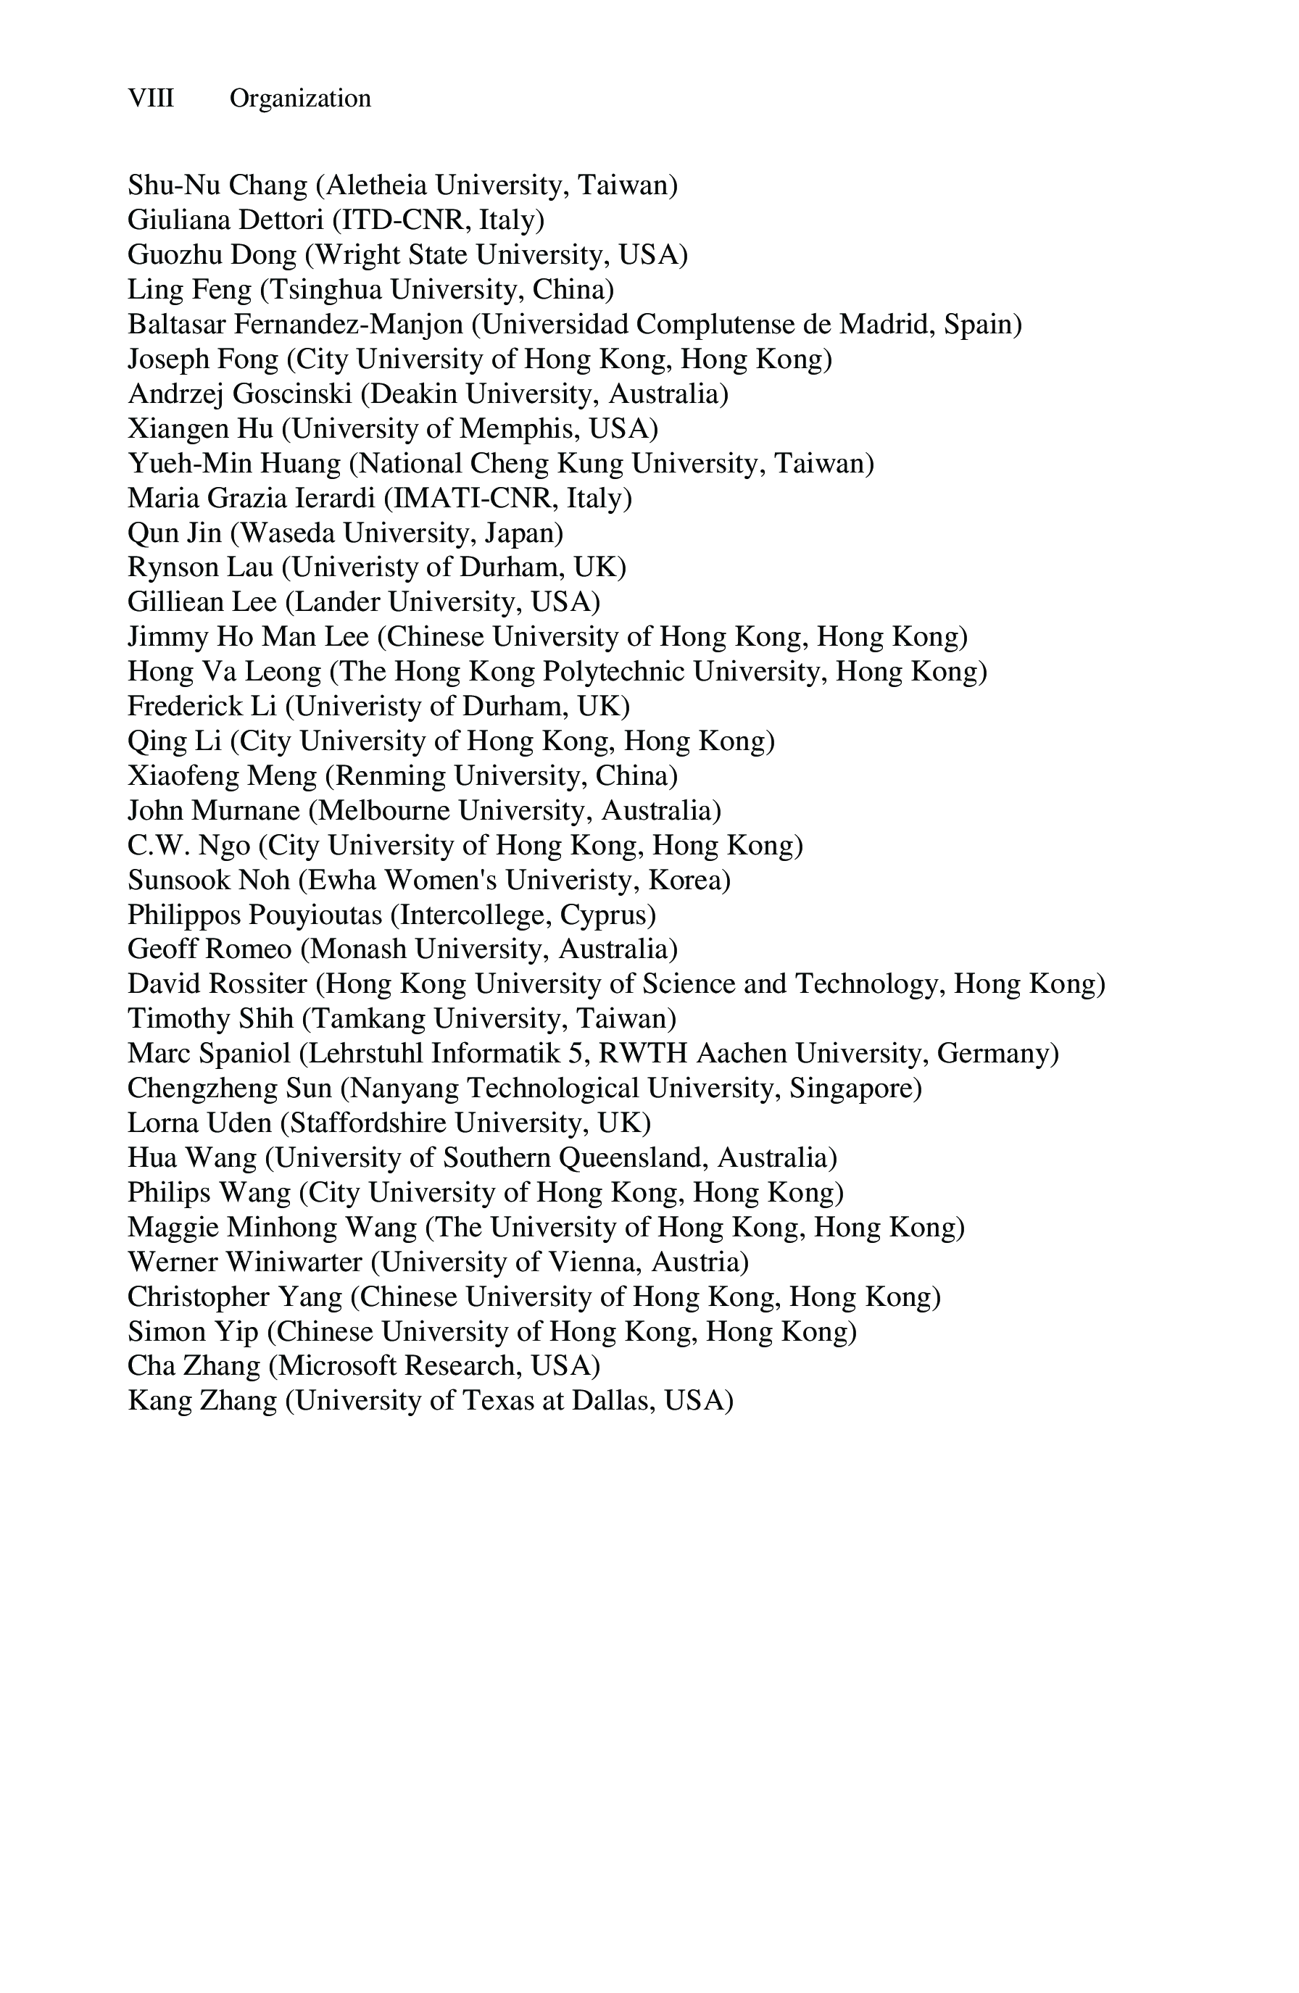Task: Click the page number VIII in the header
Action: [x=151, y=99]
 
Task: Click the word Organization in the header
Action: [x=300, y=99]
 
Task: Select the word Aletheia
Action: [x=376, y=185]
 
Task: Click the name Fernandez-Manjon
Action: [x=349, y=324]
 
